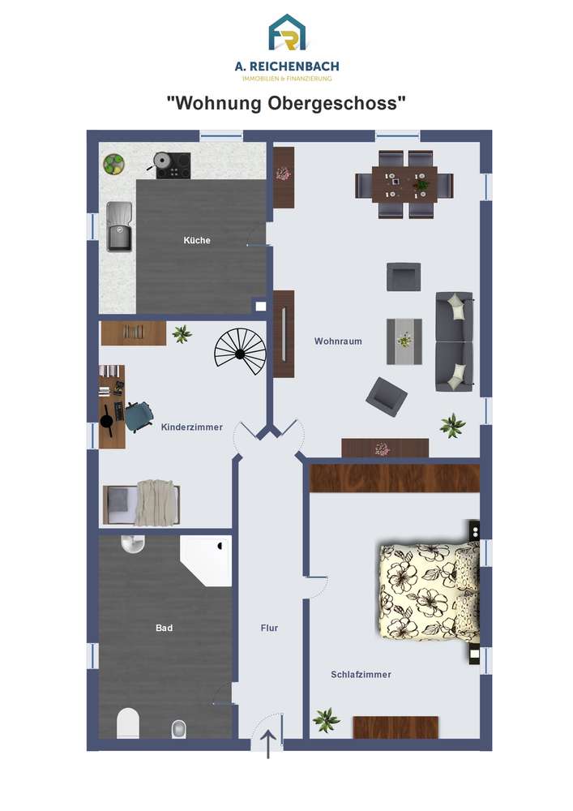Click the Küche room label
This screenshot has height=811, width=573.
click(197, 240)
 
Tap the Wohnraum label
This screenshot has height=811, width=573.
click(338, 341)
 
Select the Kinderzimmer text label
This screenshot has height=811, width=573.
click(192, 427)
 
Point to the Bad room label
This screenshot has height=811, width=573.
click(164, 628)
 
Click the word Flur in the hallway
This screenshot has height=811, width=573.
click(269, 628)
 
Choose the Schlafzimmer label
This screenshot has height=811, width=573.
click(361, 675)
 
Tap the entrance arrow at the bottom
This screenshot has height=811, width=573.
click(268, 744)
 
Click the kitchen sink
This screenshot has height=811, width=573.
click(119, 226)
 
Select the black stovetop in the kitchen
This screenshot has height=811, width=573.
click(173, 165)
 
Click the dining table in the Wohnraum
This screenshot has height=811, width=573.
click(404, 185)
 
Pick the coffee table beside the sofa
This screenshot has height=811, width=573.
click(404, 341)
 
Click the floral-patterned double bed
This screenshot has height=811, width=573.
click(430, 590)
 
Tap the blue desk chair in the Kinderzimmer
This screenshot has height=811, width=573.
click(138, 416)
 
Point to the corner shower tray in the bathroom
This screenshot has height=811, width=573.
click(206, 560)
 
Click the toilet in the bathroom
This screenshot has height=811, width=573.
click(128, 723)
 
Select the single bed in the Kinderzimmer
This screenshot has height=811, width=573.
click(142, 503)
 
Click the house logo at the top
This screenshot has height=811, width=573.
click(287, 32)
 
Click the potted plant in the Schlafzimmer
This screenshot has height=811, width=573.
click(326, 719)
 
